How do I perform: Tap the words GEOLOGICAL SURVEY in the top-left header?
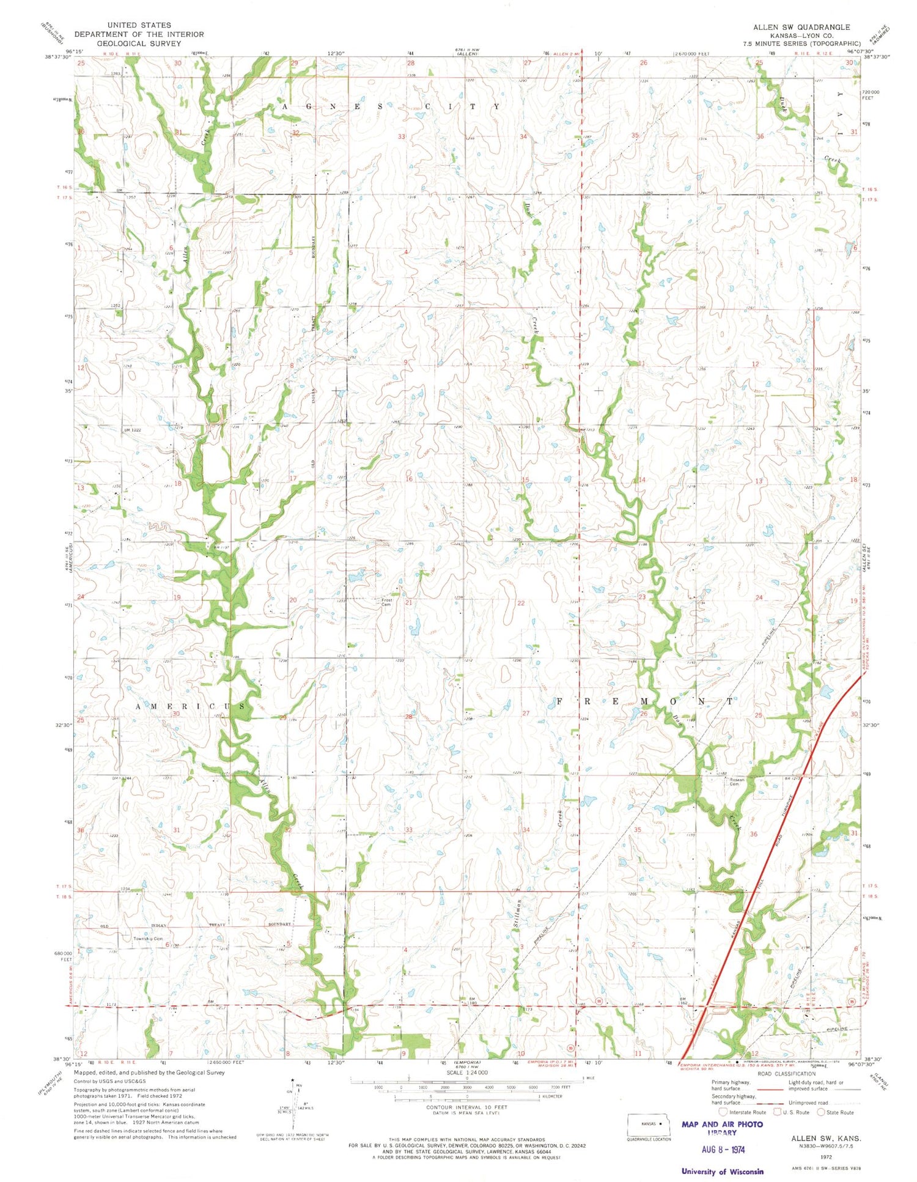pos(139,43)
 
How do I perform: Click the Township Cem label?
pos(149,938)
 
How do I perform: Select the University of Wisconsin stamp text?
pos(723,1172)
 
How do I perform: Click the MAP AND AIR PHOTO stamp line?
pos(722,1124)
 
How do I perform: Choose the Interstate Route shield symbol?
pos(723,1112)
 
